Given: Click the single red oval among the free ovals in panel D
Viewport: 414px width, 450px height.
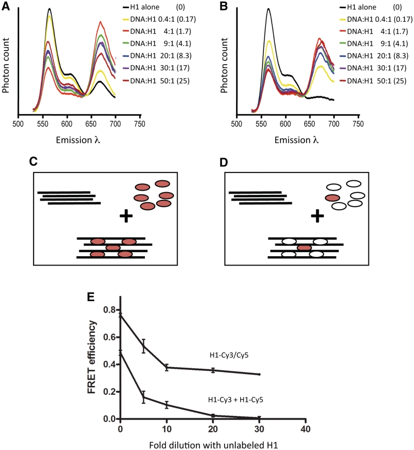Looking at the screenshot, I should click(x=332, y=198).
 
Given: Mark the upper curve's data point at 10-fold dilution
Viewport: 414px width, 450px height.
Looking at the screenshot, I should click(x=167, y=367).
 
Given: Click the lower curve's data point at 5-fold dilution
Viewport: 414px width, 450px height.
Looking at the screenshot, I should click(x=143, y=397).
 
